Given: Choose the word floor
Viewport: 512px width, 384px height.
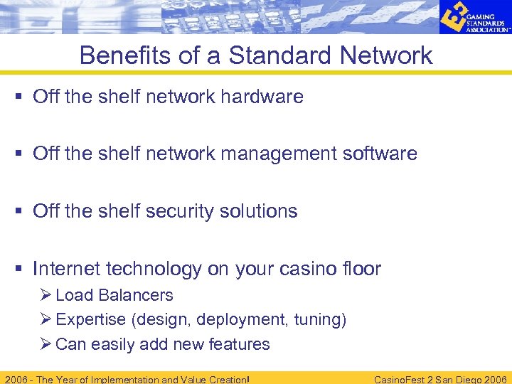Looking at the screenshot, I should pos(362,269).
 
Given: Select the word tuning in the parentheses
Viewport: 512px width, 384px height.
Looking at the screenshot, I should pos(319,320).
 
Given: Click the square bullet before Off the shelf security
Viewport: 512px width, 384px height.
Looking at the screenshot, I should pos(20,212).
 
